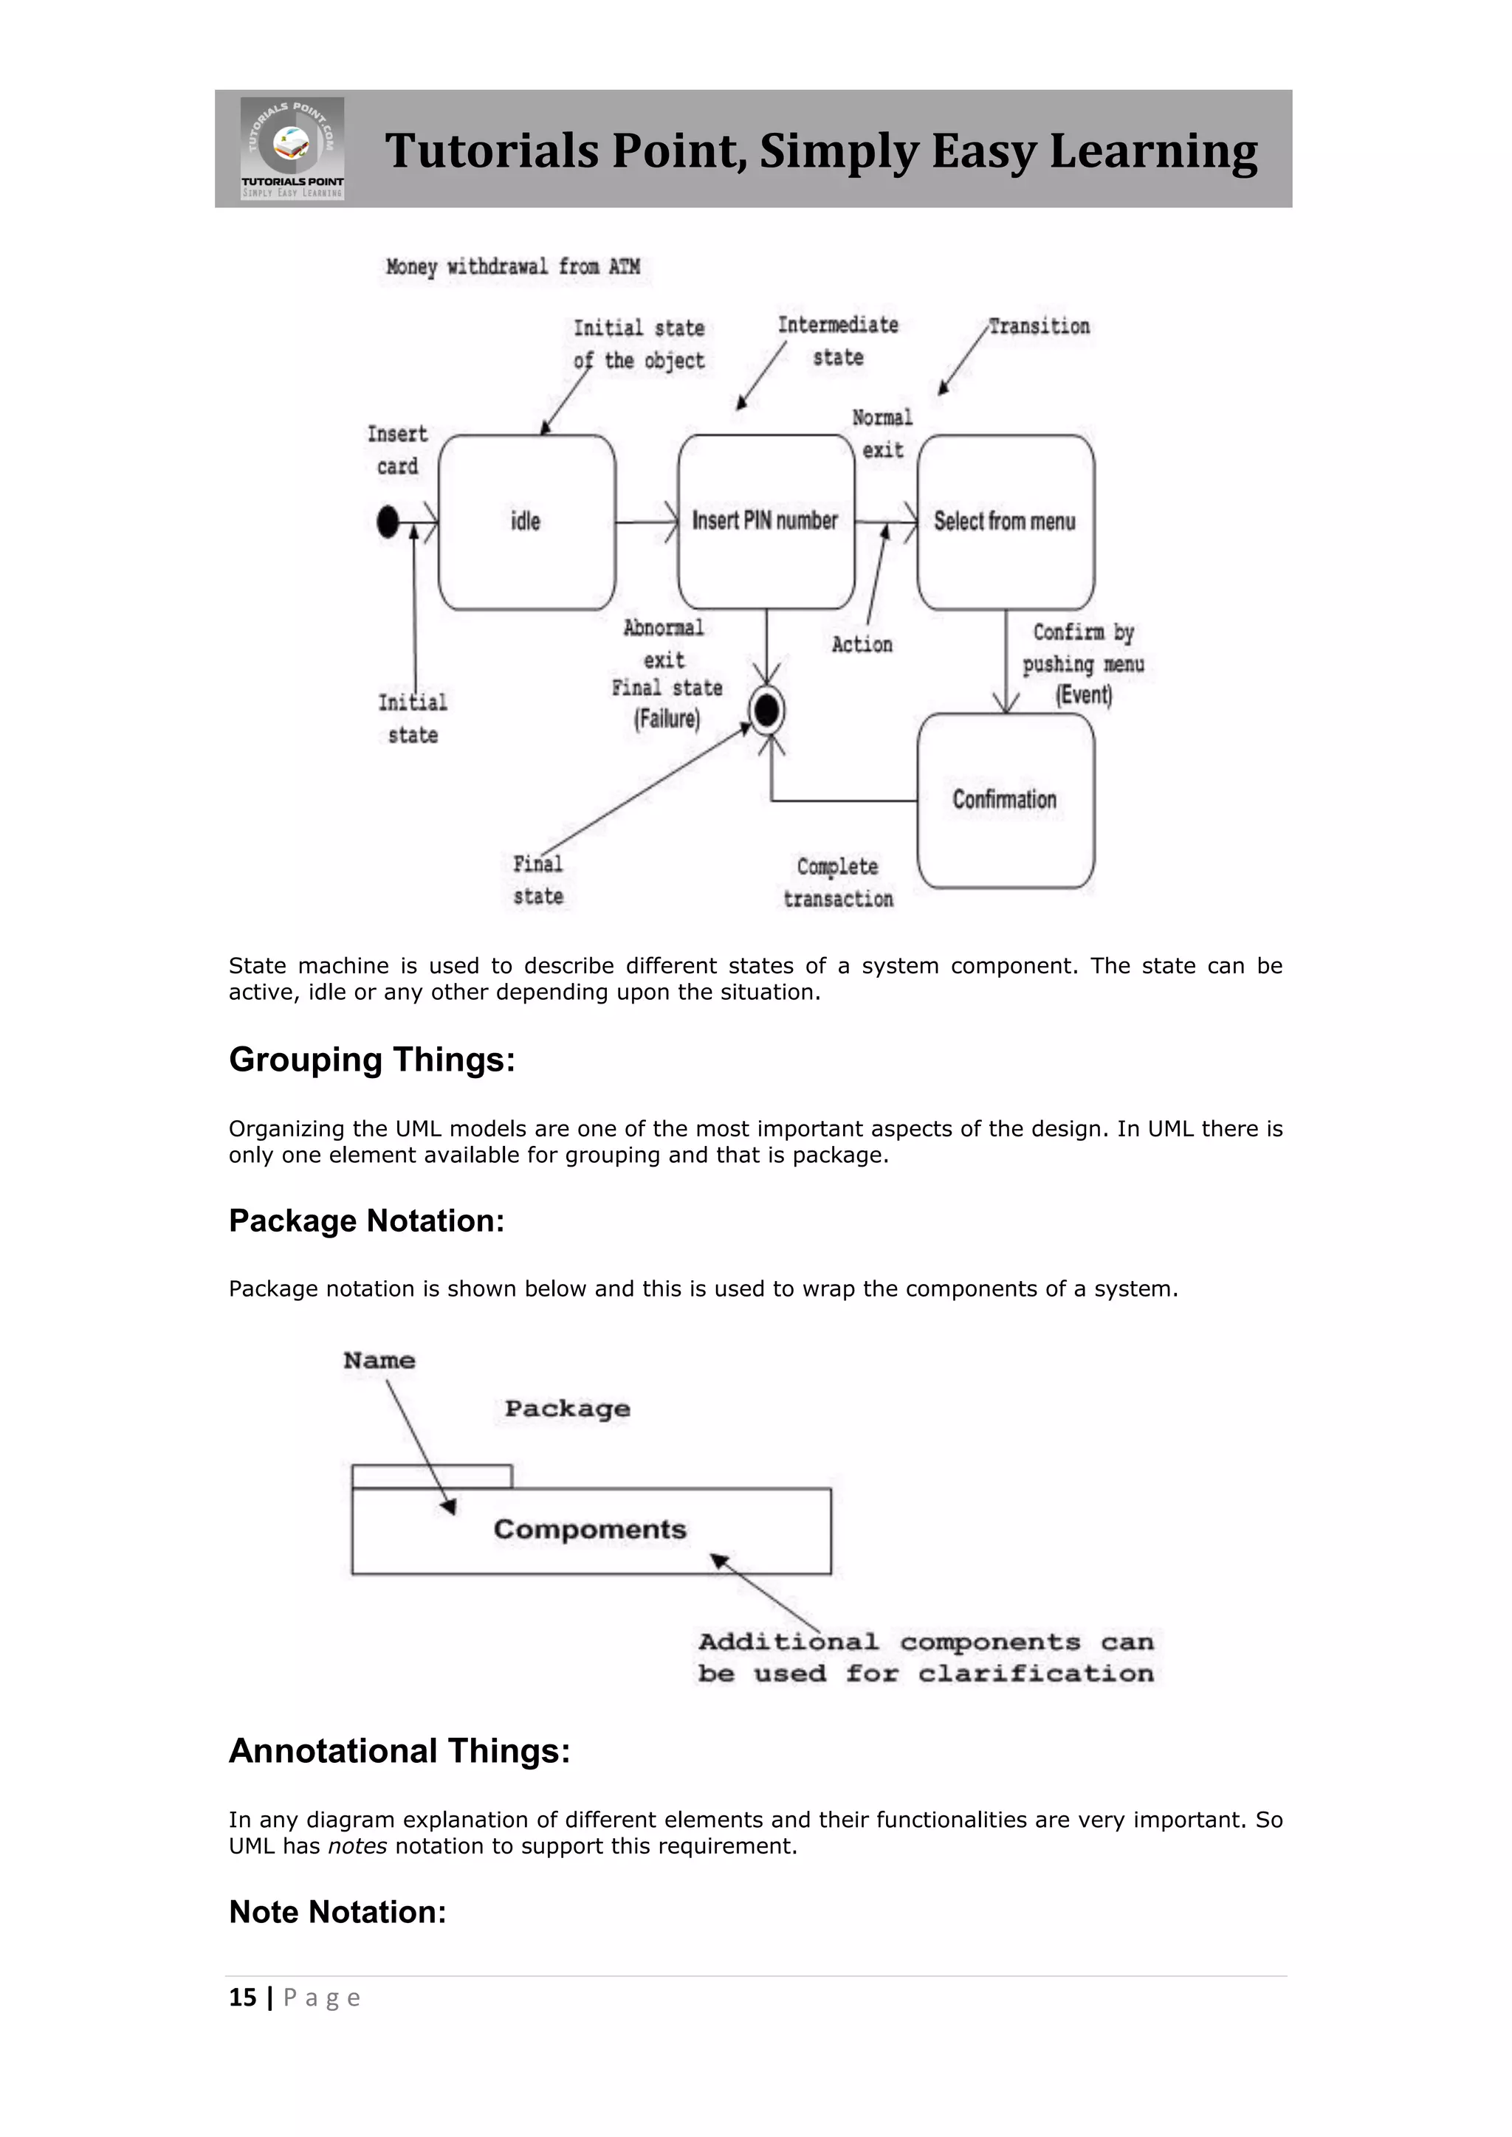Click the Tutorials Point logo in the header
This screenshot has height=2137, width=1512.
[x=292, y=148]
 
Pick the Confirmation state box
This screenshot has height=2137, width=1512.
[x=1006, y=801]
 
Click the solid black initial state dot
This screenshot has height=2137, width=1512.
[x=388, y=522]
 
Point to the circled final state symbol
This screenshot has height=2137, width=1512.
[x=767, y=711]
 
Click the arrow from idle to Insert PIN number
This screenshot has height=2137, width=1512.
[x=647, y=522]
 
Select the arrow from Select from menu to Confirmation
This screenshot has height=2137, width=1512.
[x=1006, y=661]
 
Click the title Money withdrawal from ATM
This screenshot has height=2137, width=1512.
[x=513, y=267]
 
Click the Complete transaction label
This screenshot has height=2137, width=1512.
[x=838, y=883]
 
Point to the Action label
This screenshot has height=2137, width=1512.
[x=862, y=644]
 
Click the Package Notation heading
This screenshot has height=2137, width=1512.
[x=366, y=1221]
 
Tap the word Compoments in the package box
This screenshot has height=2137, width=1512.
[x=589, y=1529]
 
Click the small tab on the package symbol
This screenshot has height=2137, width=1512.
[x=431, y=1476]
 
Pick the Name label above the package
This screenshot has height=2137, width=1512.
[x=379, y=1361]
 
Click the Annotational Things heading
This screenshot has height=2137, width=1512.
[x=399, y=1751]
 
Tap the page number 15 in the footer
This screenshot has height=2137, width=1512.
[x=242, y=1998]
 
